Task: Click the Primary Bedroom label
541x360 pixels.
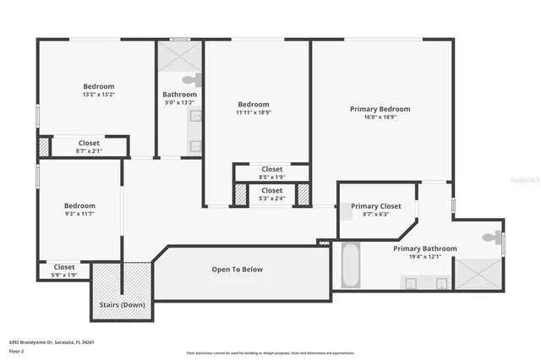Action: pyautogui.click(x=380, y=109)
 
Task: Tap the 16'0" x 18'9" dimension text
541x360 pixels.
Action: pyautogui.click(x=380, y=117)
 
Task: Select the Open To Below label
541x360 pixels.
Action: pyautogui.click(x=237, y=270)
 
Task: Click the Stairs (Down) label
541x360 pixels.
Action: pyautogui.click(x=121, y=304)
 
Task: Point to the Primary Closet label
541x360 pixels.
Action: pyautogui.click(x=376, y=206)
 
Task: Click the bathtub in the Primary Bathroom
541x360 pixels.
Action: pyautogui.click(x=351, y=265)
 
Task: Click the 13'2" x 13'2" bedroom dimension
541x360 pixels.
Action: pyautogui.click(x=98, y=95)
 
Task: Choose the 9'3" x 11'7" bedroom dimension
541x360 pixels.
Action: pyautogui.click(x=79, y=214)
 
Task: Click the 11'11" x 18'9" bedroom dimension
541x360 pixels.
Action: pyautogui.click(x=254, y=112)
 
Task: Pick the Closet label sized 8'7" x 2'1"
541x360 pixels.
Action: pyautogui.click(x=89, y=143)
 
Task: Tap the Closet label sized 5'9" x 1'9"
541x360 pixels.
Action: pyautogui.click(x=64, y=267)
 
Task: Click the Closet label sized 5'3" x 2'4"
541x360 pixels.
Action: pyautogui.click(x=272, y=191)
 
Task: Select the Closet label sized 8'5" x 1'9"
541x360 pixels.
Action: pyautogui.click(x=272, y=169)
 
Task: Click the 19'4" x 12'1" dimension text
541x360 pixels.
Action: pyautogui.click(x=425, y=257)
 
